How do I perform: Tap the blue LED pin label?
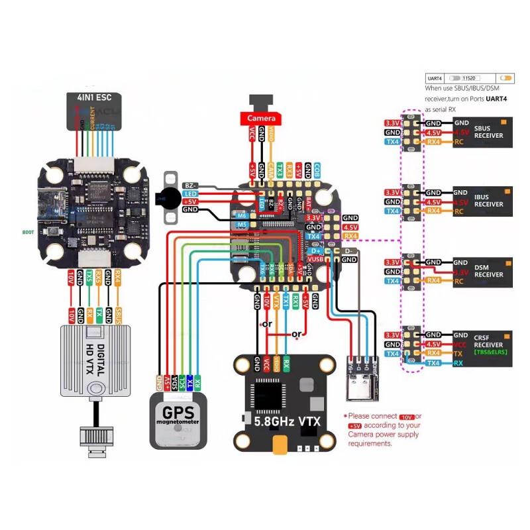click(x=190, y=193)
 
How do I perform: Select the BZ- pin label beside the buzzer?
click(x=190, y=185)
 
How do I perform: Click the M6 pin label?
click(x=242, y=215)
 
